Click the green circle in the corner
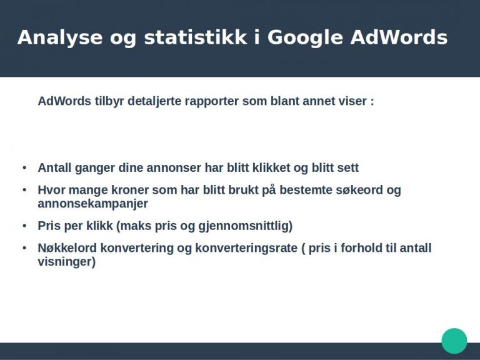click(454, 341)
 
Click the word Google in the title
click(305, 38)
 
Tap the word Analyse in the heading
click(60, 38)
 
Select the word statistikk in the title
click(195, 37)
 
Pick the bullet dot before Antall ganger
click(24, 167)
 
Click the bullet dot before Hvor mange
click(24, 190)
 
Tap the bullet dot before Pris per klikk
click(24, 226)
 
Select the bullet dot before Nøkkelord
click(24, 247)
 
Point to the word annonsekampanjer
click(92, 204)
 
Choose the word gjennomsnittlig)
click(246, 226)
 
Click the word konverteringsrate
click(246, 248)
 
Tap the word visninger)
click(67, 262)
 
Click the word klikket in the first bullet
click(271, 167)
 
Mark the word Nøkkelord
click(67, 247)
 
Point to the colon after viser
click(372, 102)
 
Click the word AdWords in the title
click(399, 37)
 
